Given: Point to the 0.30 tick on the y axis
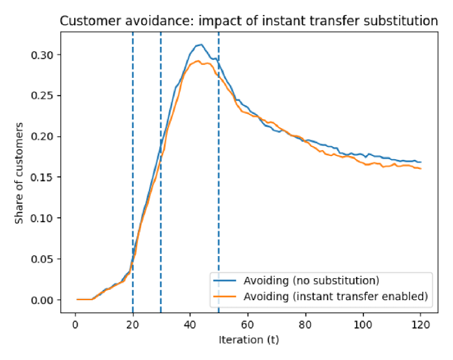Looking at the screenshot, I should pos(42,55).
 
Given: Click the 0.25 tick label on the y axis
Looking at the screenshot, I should pos(42,96).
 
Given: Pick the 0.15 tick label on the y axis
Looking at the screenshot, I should pos(42,177).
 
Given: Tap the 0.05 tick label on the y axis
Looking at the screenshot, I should pos(42,259).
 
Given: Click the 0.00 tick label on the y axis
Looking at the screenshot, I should pos(42,300).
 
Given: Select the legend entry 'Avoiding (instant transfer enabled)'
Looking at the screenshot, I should pos(335,296).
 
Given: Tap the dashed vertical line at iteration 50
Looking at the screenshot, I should pos(218,195).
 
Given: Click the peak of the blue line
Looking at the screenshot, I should pos(201,45).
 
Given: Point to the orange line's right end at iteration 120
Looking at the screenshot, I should pos(421,169).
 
